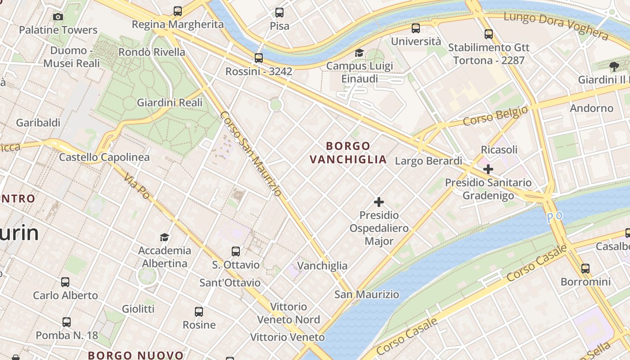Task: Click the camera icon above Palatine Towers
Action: [58, 17]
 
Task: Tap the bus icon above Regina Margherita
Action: [178, 11]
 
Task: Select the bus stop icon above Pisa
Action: [279, 13]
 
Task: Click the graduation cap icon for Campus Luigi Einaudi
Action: [359, 53]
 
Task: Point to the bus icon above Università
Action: [416, 28]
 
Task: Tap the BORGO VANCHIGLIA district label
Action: [348, 153]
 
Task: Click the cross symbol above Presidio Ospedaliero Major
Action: [379, 202]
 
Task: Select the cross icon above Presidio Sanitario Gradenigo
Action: [488, 169]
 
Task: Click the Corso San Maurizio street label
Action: [251, 154]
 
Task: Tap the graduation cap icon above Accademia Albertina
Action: [164, 237]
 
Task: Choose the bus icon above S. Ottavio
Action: [236, 252]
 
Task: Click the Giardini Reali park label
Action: [170, 103]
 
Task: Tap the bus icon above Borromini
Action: [585, 269]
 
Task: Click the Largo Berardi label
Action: [428, 161]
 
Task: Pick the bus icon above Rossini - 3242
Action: [258, 58]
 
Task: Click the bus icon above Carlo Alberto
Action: [65, 282]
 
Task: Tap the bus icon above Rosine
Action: [199, 311]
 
